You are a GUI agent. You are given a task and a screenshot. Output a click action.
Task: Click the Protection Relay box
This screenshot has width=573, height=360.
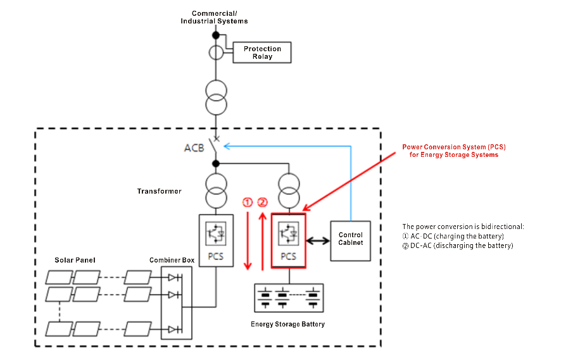(262, 53)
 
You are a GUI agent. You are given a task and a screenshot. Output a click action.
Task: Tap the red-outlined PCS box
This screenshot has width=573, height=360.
(288, 240)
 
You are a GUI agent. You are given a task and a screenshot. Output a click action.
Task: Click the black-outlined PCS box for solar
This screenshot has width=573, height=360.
(216, 240)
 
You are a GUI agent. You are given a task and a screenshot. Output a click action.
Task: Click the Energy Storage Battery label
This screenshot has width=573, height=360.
(288, 325)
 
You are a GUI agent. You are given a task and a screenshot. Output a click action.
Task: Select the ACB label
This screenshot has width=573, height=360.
(194, 148)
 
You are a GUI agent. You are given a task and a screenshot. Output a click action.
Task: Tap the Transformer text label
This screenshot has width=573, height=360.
(159, 191)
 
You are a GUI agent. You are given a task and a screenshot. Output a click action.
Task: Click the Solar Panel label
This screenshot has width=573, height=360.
(75, 260)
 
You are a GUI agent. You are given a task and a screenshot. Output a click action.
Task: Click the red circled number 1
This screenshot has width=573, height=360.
(248, 202)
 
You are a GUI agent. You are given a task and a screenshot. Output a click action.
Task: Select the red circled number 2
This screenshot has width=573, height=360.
(262, 202)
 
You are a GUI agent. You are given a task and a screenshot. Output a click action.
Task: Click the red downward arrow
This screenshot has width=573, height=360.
(248, 240)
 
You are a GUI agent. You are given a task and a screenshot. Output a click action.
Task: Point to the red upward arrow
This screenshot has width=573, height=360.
(262, 240)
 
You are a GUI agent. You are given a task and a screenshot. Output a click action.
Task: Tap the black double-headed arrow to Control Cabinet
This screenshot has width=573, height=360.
(318, 241)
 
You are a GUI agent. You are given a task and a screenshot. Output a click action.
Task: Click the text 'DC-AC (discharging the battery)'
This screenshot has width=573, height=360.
(458, 245)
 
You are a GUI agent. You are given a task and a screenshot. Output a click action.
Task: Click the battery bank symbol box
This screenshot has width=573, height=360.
(288, 298)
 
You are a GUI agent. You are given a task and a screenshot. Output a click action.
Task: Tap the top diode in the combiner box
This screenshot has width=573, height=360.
(173, 277)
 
